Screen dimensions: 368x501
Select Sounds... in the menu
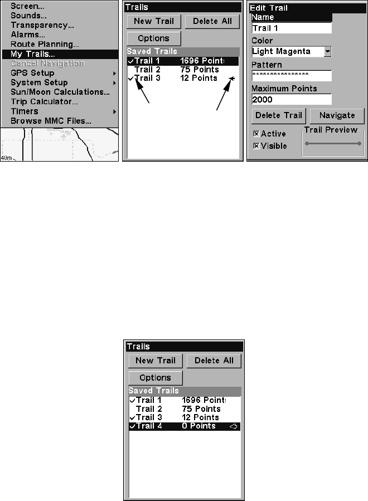(28, 16)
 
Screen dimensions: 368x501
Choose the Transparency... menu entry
(42, 25)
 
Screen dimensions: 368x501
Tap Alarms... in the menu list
(28, 35)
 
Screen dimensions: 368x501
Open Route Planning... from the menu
(45, 44)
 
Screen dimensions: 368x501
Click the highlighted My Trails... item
(33, 54)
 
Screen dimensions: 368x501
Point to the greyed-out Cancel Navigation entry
(47, 64)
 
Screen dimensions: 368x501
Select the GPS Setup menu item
(33, 73)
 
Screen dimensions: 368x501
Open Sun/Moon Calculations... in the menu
(60, 92)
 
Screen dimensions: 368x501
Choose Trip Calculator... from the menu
(44, 101)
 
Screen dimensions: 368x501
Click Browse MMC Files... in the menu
(51, 120)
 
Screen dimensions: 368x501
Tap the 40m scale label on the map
(7, 158)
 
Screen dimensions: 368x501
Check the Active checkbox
(256, 134)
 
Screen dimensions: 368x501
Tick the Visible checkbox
(256, 146)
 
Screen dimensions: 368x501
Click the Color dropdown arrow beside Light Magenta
(327, 52)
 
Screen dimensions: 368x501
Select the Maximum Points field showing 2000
(291, 100)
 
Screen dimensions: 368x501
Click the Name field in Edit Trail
(291, 28)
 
